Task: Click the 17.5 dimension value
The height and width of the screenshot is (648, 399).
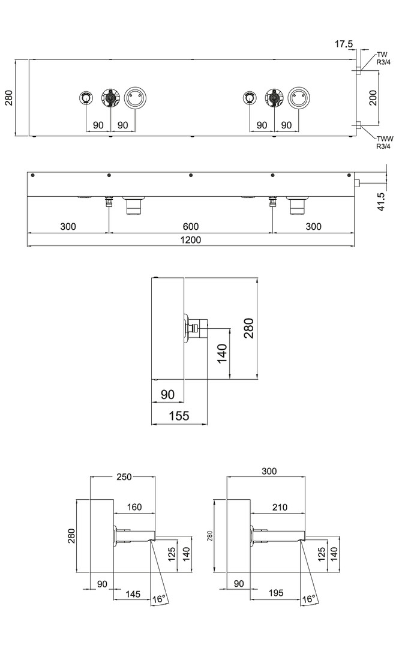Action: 344,44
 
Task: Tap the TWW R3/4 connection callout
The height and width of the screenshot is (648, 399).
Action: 385,143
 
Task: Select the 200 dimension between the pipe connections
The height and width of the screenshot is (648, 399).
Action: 373,98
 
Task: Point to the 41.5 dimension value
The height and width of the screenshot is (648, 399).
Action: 381,202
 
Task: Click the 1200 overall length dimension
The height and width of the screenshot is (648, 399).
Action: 191,239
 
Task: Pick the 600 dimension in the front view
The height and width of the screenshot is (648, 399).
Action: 191,226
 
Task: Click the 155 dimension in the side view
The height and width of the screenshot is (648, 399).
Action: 179,415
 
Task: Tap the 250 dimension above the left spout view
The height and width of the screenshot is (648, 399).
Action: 124,477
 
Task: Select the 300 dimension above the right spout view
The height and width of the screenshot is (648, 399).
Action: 269,471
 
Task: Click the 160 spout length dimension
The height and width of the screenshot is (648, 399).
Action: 134,506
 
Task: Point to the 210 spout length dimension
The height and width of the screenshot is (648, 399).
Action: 280,507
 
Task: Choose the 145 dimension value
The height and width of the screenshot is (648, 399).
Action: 133,594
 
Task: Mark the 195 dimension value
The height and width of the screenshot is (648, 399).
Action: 276,593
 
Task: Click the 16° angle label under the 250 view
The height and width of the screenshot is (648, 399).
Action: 159,599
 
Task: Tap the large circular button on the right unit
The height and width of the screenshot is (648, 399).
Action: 299,98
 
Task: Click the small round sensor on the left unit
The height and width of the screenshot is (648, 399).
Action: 86,98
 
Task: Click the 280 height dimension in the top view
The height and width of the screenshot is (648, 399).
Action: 9,98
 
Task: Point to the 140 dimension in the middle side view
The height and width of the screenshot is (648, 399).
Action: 222,353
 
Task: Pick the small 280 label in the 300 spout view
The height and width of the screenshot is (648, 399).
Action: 209,536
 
